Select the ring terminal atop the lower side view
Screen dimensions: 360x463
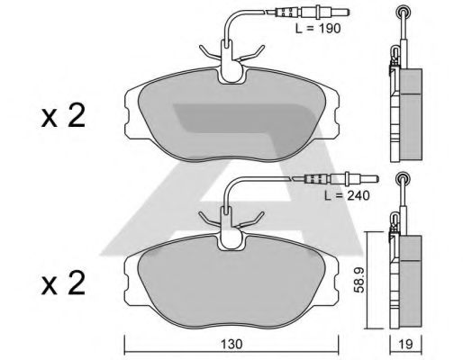click(x=400, y=177)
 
